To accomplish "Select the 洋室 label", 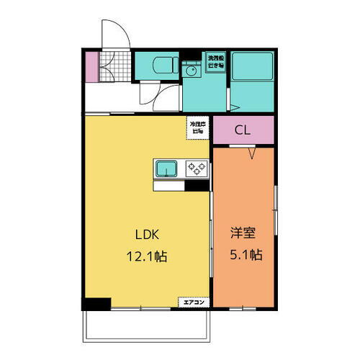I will (x=243, y=235).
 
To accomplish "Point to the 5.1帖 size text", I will (x=245, y=255).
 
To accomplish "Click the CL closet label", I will (x=243, y=131).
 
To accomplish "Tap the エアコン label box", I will (x=192, y=302).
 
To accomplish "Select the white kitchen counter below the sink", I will (x=170, y=186).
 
